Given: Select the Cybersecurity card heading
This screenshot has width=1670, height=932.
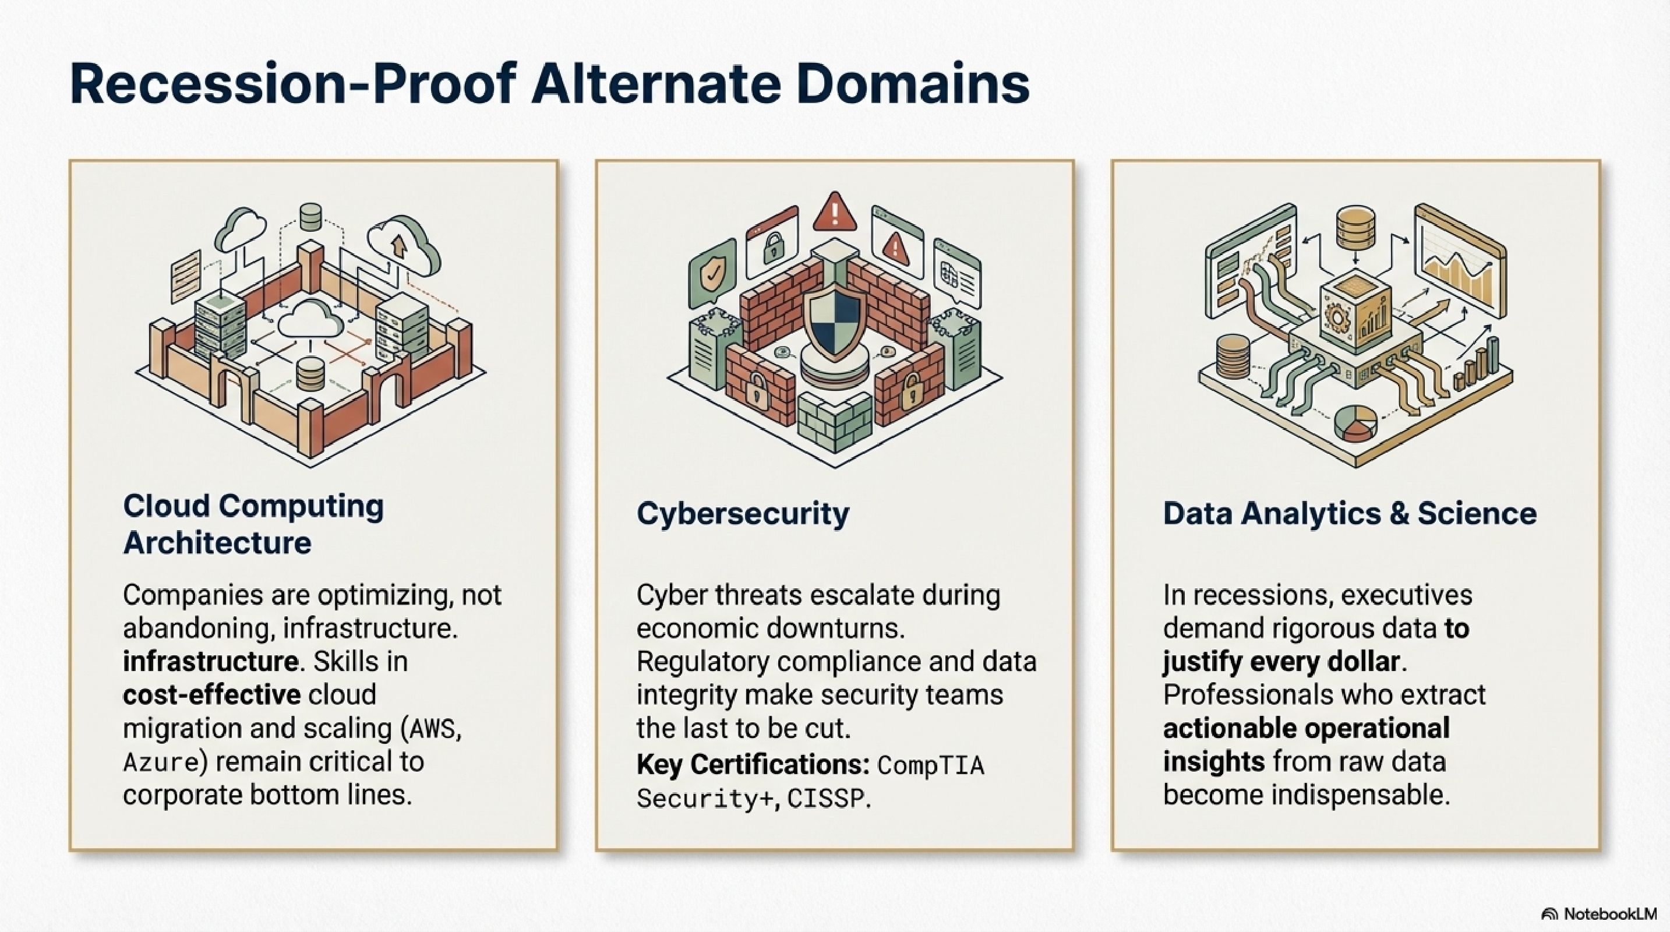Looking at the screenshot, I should click(x=742, y=514).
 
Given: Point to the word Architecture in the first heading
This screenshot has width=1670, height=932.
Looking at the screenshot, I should click(x=217, y=542).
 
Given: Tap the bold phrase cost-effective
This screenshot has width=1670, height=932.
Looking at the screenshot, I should click(x=212, y=695).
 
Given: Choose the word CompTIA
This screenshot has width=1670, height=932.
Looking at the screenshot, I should click(x=931, y=765).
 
